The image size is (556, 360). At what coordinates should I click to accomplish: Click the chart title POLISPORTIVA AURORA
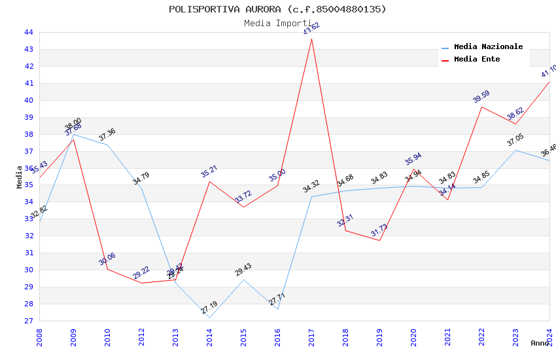[x=277, y=9]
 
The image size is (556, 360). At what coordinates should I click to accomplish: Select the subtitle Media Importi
[x=277, y=23]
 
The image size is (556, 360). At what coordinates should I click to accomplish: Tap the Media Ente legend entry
[x=477, y=60]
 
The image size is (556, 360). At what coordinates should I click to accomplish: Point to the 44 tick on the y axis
[x=29, y=32]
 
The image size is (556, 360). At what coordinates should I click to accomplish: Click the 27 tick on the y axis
[x=29, y=321]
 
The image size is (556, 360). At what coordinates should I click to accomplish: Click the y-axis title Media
[x=19, y=177]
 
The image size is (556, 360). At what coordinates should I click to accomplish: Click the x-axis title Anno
[x=540, y=343]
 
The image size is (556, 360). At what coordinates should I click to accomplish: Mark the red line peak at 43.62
[x=311, y=39]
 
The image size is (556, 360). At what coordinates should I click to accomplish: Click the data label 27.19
[x=209, y=307]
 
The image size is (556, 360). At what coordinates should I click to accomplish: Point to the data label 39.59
[x=481, y=97]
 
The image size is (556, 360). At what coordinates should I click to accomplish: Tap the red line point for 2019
[x=379, y=240]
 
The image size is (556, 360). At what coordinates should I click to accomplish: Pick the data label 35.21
[x=209, y=171]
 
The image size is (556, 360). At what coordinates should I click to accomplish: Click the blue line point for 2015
[x=243, y=279]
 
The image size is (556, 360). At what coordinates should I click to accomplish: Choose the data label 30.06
[x=107, y=259]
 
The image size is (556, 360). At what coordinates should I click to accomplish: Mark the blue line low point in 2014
[x=209, y=317]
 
